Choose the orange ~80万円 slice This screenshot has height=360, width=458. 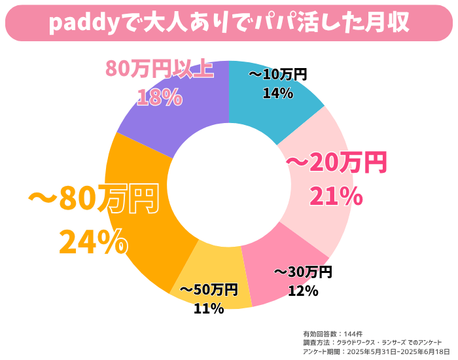pyautogui.click(x=147, y=223)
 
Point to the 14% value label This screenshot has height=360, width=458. pyautogui.click(x=277, y=93)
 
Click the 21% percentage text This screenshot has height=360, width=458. pyautogui.click(x=336, y=196)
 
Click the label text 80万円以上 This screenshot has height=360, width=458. pyautogui.click(x=160, y=69)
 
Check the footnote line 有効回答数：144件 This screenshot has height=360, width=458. pyautogui.click(x=329, y=333)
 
